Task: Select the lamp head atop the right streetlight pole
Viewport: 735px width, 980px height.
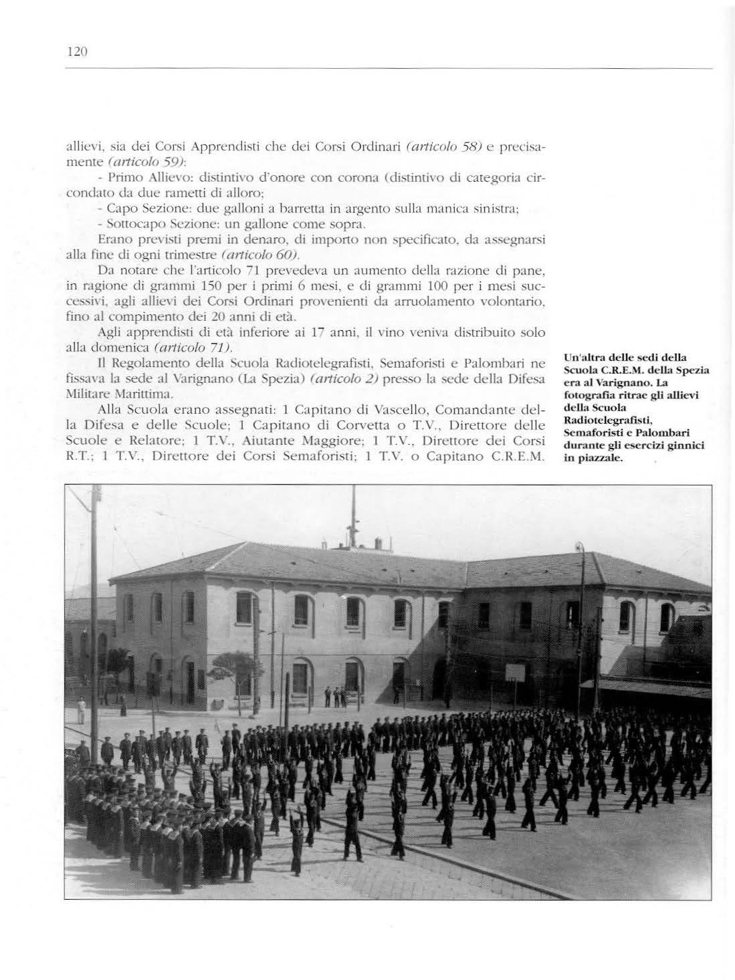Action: pyautogui.click(x=580, y=548)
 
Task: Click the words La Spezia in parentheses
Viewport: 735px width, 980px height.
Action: pyautogui.click(x=261, y=382)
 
